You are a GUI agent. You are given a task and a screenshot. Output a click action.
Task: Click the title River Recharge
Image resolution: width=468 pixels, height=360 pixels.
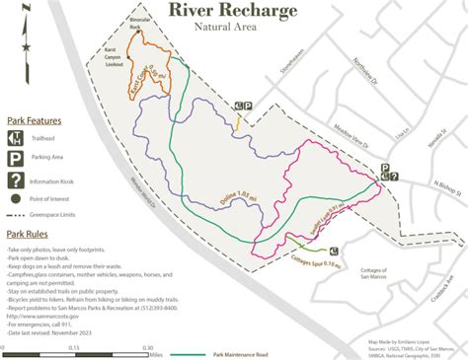click(232, 11)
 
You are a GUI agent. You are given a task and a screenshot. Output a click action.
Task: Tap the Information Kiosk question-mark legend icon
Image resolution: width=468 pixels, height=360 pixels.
click(17, 180)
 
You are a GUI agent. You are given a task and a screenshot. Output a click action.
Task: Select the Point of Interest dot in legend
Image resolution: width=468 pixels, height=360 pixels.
click(17, 198)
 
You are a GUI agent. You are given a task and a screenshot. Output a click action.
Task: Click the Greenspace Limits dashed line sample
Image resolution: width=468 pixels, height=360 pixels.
click(17, 214)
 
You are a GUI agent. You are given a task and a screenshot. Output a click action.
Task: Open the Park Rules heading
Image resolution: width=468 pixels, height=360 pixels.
click(29, 235)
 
